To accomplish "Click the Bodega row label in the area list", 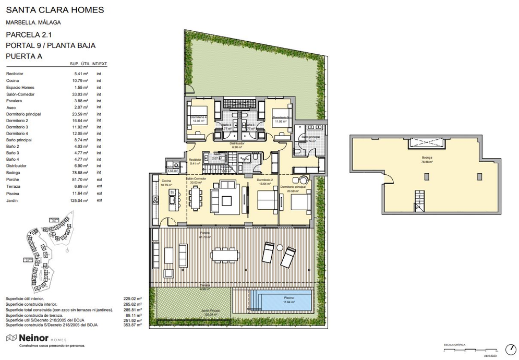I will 13,172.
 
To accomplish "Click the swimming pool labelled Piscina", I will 281,300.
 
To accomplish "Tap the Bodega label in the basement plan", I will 427,157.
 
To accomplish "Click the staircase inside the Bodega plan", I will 419,201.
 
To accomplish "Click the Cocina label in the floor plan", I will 159,181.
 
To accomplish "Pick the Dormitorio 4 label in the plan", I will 198,117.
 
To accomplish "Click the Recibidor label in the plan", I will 195,160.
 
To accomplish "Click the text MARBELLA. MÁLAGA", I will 33,22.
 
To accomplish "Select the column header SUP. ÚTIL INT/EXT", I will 88,64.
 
